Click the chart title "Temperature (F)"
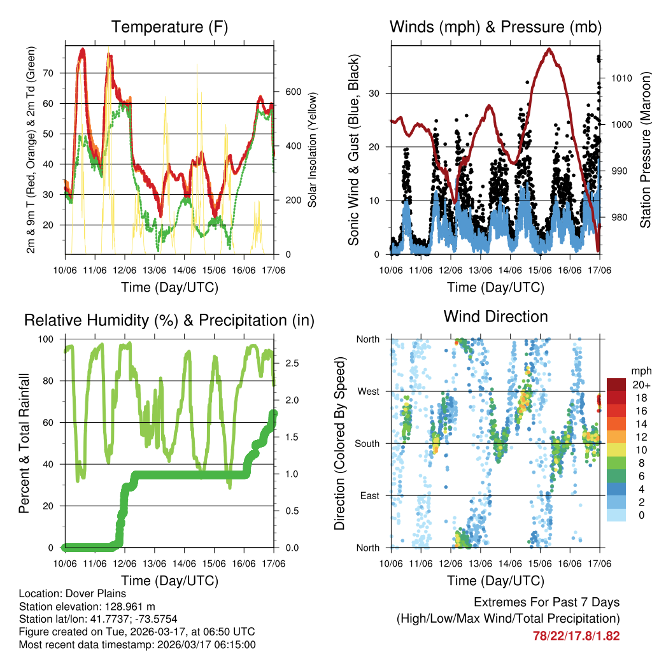pyautogui.click(x=169, y=27)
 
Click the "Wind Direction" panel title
pyautogui.click(x=495, y=316)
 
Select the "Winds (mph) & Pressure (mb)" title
pyautogui.click(x=495, y=27)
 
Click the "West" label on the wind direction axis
pyautogui.click(x=368, y=391)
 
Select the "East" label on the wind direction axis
pyautogui.click(x=369, y=495)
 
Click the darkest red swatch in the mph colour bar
pyautogui.click(x=616, y=385)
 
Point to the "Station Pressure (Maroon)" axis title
pyautogui.click(x=645, y=148)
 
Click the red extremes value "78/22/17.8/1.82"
pyautogui.click(x=576, y=635)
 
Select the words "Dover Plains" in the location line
pyautogui.click(x=90, y=593)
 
